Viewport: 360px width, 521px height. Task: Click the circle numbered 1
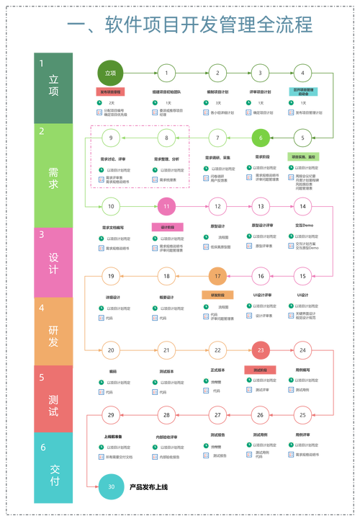pyautogui.click(x=166, y=73)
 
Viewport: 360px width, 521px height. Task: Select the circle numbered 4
pyautogui.click(x=303, y=73)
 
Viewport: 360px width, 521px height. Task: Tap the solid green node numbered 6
pyautogui.click(x=261, y=137)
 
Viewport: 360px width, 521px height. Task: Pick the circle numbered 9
pyautogui.click(x=111, y=137)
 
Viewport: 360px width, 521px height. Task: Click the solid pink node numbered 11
pyautogui.click(x=166, y=206)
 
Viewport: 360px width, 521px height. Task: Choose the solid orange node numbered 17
pyautogui.click(x=217, y=275)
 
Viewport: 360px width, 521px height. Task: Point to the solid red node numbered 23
pyautogui.click(x=261, y=351)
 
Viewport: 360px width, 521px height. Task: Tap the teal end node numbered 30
pyautogui.click(x=111, y=487)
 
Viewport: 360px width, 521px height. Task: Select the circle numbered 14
pyautogui.click(x=303, y=206)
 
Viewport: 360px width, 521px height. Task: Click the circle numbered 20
pyautogui.click(x=111, y=351)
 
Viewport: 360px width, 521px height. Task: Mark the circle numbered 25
pyautogui.click(x=303, y=415)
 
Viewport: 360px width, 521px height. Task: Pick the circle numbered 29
pyautogui.click(x=111, y=415)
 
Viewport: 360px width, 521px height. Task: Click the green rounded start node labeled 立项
pyautogui.click(x=111, y=73)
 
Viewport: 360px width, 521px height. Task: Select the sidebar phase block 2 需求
pyautogui.click(x=53, y=175)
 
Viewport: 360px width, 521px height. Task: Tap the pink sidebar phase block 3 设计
pyautogui.click(x=53, y=262)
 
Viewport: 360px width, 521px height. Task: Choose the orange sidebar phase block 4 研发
pyautogui.click(x=53, y=331)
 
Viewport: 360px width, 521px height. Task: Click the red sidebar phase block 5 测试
pyautogui.click(x=53, y=398)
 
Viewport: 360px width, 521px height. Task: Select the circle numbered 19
pyautogui.click(x=111, y=275)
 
